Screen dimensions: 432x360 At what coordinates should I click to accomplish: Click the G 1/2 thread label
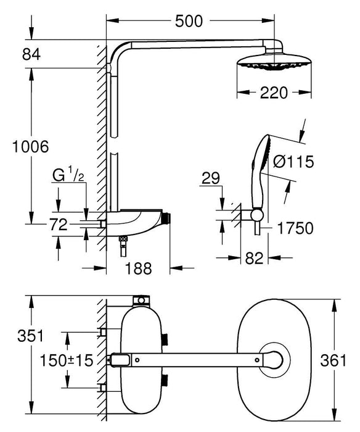click(67, 177)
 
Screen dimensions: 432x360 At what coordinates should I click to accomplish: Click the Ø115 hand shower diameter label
click(292, 162)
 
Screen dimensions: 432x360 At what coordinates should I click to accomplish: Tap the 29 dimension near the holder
click(211, 178)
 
